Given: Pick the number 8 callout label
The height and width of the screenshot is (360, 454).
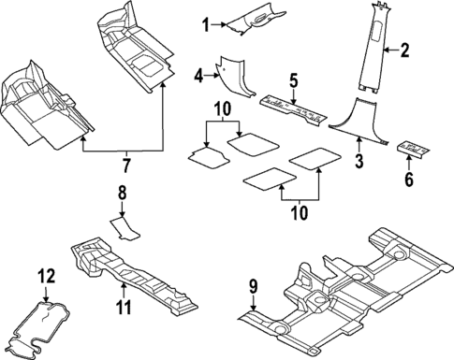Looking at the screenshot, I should (121, 194).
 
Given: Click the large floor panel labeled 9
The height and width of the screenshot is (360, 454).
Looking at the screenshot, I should (346, 290).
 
